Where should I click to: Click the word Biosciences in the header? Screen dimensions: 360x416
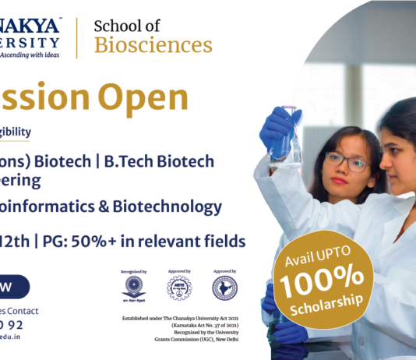153,45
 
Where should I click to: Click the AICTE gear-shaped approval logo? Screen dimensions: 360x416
178,288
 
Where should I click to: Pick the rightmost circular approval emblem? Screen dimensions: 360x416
224,288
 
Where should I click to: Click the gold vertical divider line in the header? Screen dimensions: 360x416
76,37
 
